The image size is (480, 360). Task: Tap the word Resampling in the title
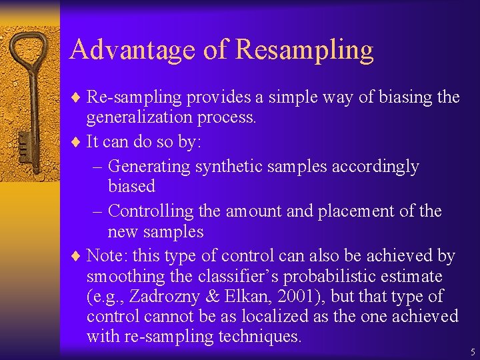tap(305, 50)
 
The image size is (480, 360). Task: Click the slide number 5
tap(472, 351)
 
